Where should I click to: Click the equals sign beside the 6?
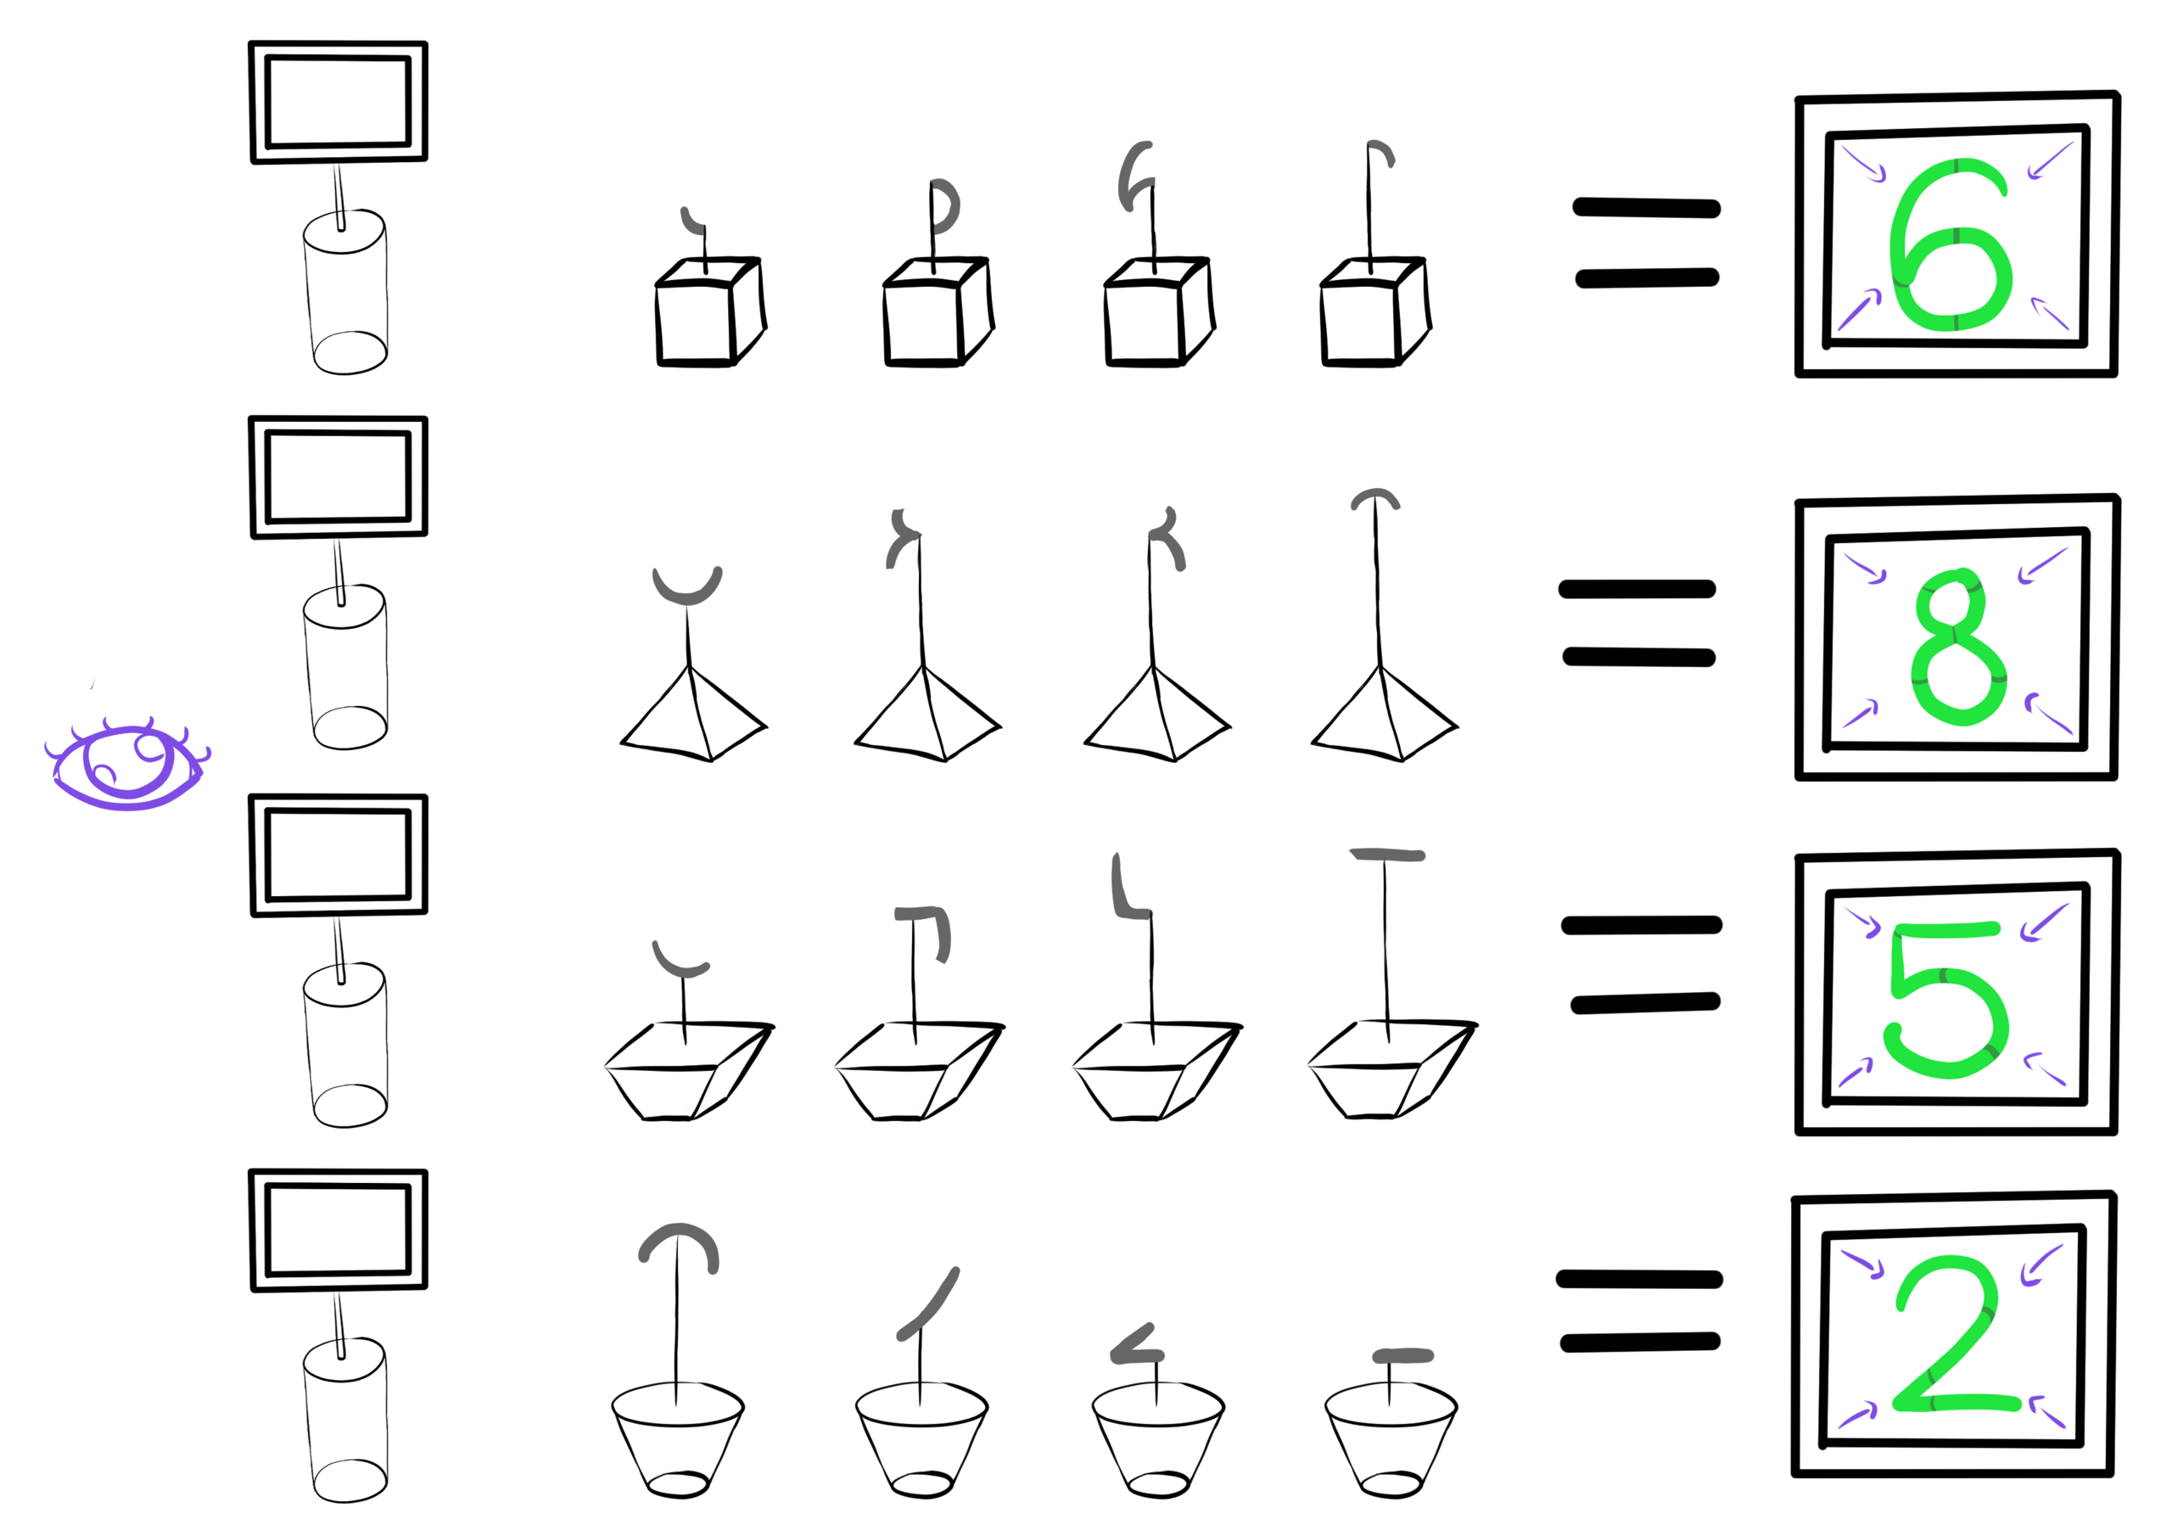(1646, 242)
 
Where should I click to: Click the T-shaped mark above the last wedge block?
(1387, 855)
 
